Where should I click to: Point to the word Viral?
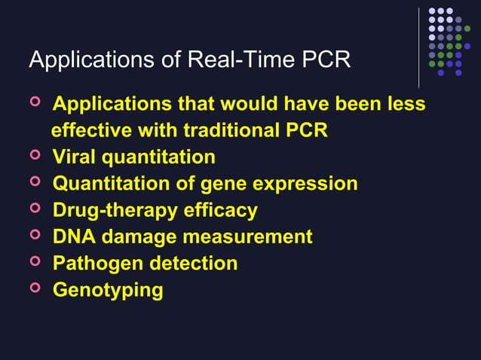point(75,157)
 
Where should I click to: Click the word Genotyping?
point(107,291)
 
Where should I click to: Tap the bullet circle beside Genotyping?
point(34,289)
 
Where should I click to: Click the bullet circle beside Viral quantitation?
point(34,157)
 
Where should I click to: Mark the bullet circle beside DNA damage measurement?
point(34,236)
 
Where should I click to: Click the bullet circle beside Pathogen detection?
point(34,263)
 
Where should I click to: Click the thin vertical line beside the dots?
point(418,47)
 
